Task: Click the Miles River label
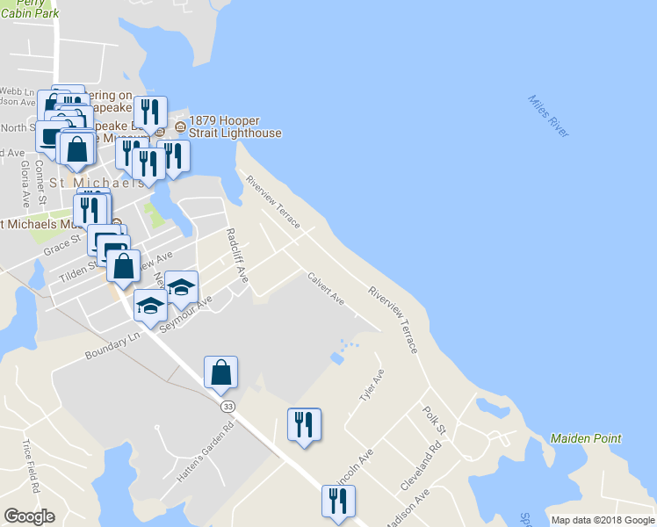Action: pyautogui.click(x=549, y=115)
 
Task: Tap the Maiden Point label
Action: pyautogui.click(x=586, y=438)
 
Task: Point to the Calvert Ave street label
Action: pyautogui.click(x=325, y=288)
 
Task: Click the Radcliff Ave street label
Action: pyautogui.click(x=237, y=256)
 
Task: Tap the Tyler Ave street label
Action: pyautogui.click(x=372, y=386)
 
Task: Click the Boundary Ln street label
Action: pyautogui.click(x=112, y=345)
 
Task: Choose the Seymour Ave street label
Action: pyautogui.click(x=191, y=314)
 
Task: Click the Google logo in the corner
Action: pyautogui.click(x=30, y=516)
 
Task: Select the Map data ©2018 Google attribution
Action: pyautogui.click(x=603, y=520)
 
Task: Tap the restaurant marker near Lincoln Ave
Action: pyautogui.click(x=304, y=426)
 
